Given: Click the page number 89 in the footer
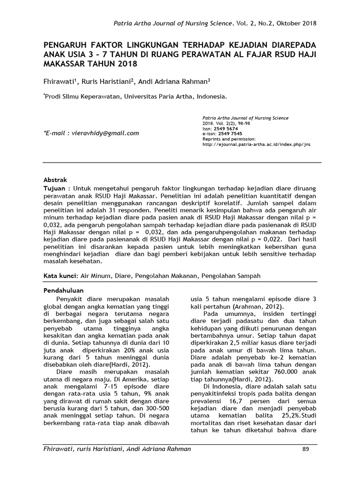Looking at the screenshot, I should click(x=306, y=450).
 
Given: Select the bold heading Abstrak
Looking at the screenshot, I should click(x=55, y=180).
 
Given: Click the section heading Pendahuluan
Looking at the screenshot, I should click(x=63, y=291).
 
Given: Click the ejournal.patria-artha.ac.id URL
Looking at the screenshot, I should click(x=256, y=145).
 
